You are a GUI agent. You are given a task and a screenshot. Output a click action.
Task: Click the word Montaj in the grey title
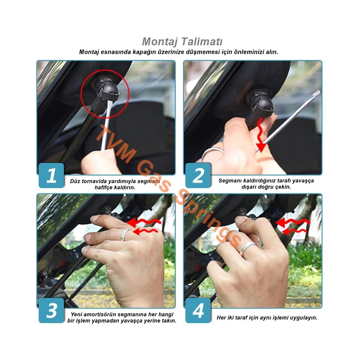[159, 42]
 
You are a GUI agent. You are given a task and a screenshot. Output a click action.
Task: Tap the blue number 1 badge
[51, 175]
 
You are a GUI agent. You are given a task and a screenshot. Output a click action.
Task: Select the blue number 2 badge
[198, 175]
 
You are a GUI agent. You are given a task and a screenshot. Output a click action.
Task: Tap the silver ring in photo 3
[124, 235]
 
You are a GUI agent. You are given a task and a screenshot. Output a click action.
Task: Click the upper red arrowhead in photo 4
[280, 222]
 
